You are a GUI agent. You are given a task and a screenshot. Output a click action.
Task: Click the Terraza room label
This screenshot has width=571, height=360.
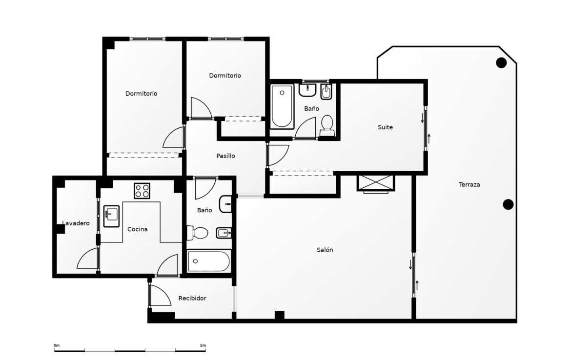point(469,184)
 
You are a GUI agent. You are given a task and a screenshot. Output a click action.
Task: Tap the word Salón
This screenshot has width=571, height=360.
point(325,250)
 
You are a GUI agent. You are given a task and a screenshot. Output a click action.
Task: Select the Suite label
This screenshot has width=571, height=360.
point(385,127)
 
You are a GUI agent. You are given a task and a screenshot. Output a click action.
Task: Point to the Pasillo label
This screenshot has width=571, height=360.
point(226,156)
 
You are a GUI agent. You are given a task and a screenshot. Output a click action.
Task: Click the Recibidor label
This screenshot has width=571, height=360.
point(192,298)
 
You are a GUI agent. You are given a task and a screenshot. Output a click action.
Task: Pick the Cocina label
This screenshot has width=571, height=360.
point(137,229)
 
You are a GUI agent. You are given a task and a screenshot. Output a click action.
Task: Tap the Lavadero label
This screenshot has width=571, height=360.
point(76,223)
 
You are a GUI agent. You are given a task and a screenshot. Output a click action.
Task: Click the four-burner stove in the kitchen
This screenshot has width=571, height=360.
point(142,190)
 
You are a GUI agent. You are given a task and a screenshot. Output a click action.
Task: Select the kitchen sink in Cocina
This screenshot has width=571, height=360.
point(111,216)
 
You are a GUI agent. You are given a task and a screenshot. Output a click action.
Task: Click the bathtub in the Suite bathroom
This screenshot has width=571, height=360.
point(282,106)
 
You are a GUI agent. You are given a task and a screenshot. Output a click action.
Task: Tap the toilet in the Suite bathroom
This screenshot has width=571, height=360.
point(327,126)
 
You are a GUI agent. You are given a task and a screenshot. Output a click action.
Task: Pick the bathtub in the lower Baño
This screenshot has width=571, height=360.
point(209,261)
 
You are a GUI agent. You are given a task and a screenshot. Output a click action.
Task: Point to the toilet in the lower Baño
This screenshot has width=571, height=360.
point(197,233)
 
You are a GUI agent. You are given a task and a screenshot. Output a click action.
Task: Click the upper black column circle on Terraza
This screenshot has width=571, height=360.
point(501,63)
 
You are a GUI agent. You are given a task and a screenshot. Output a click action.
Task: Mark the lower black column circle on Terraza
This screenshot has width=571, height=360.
point(508,204)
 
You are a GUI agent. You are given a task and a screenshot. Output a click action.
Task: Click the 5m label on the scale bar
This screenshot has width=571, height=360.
point(203,345)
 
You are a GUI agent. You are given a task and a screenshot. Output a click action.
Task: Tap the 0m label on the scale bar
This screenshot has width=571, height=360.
point(57,345)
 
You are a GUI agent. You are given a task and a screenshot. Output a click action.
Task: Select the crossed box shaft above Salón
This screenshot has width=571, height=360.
point(376,183)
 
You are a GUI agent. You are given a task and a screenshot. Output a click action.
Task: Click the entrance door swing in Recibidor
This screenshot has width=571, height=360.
point(161,295)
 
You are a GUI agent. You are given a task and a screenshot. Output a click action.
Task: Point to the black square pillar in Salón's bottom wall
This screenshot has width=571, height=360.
point(279,316)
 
